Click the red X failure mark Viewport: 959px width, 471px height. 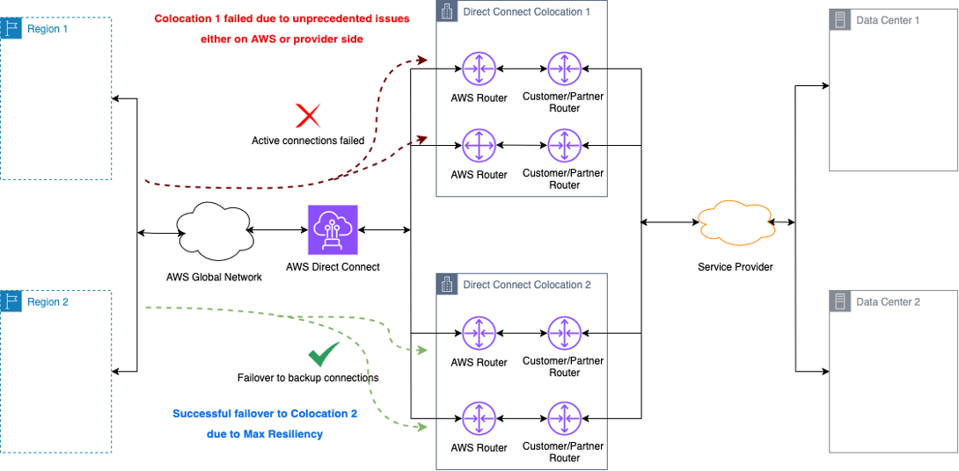(x=308, y=115)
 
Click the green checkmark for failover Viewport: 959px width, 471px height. (x=323, y=354)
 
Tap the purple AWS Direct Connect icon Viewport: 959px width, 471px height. (x=333, y=230)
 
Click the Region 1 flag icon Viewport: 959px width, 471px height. (x=11, y=28)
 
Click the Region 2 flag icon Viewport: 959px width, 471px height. (x=11, y=301)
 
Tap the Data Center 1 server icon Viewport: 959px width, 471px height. (x=840, y=19)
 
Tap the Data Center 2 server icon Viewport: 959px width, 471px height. (x=840, y=301)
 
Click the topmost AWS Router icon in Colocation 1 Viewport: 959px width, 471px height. (x=479, y=69)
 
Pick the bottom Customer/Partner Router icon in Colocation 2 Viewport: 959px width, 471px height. (x=564, y=418)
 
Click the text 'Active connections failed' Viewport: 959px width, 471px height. (x=308, y=141)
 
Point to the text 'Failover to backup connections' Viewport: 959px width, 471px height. (x=308, y=378)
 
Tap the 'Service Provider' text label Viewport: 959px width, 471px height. (x=735, y=266)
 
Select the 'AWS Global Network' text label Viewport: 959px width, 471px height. (x=214, y=277)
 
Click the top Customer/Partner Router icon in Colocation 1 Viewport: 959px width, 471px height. (x=564, y=69)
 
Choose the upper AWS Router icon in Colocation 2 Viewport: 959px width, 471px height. (x=479, y=333)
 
